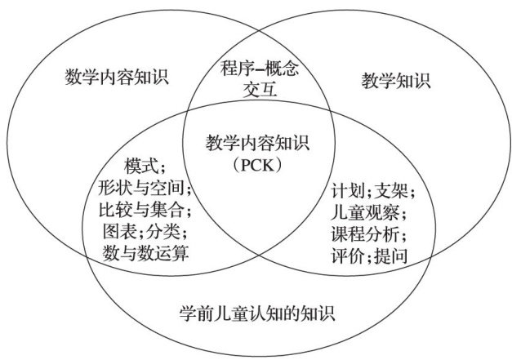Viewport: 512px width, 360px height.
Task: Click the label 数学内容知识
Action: pos(116,78)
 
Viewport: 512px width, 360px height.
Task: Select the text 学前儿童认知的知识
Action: pos(256,313)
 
